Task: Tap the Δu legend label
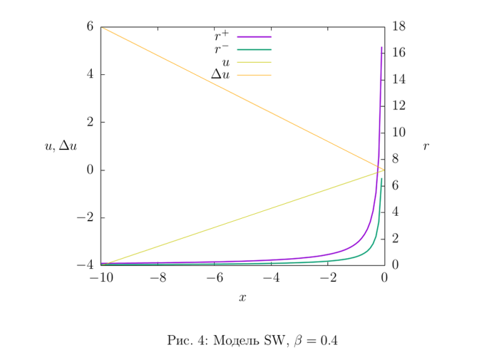[220, 74]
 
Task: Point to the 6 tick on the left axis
[89, 26]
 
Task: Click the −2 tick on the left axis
[84, 217]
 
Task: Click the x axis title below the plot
[242, 298]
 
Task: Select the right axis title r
[426, 146]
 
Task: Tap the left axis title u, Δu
[61, 146]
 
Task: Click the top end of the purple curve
[382, 47]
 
